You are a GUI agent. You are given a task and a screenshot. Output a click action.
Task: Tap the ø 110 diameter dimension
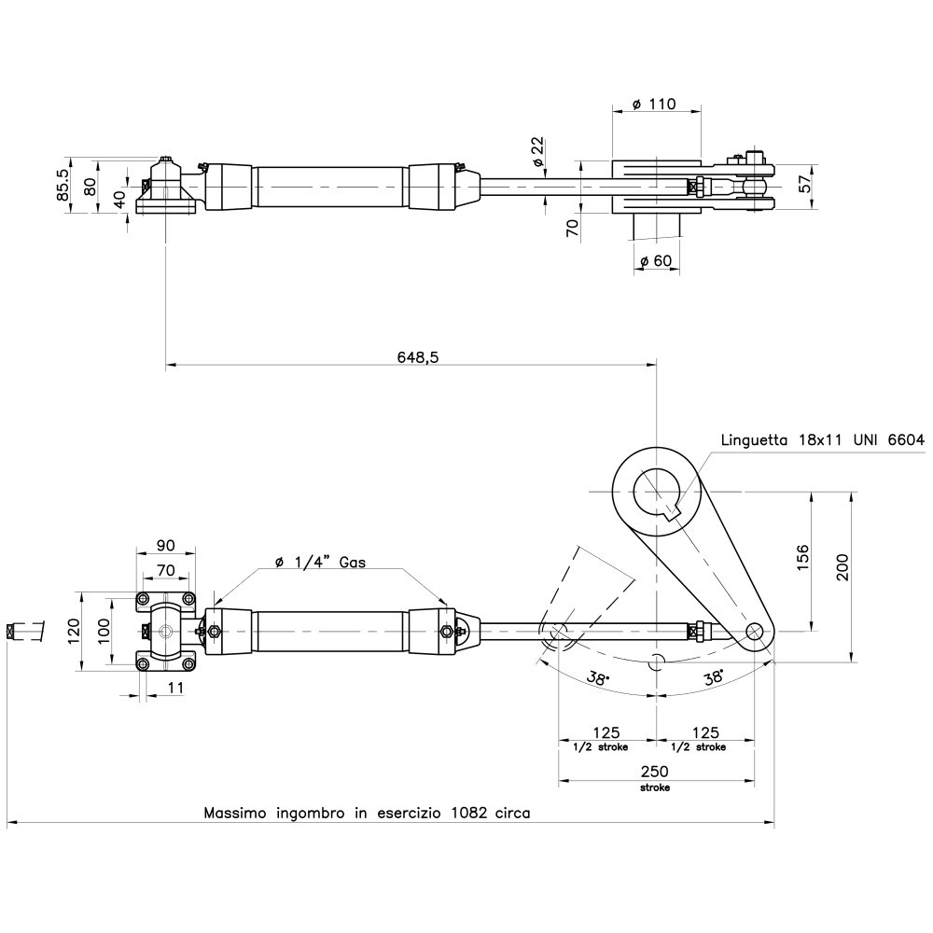[653, 104]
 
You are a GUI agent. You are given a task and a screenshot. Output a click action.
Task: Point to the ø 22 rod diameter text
[538, 151]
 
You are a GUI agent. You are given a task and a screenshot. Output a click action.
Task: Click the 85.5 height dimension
[63, 184]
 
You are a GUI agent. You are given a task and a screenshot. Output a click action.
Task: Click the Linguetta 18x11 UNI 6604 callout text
[821, 439]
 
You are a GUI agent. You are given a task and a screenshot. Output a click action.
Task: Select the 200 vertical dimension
[843, 566]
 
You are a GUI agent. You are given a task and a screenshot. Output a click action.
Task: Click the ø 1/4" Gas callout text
[320, 562]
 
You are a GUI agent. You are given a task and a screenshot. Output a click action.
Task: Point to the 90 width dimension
[165, 546]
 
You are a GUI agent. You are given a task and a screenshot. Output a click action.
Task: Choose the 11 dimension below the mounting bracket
[176, 688]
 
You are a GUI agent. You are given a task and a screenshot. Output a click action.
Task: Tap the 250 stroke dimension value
[654, 771]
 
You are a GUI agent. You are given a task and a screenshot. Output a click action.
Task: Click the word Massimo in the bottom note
[235, 813]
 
